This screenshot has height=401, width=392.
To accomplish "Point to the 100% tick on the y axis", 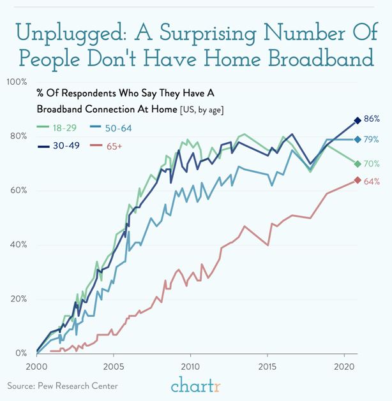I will click(x=17, y=82).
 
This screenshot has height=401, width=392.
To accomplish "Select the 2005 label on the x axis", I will click(x=114, y=367).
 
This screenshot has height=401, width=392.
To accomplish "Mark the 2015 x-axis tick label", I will click(x=267, y=367).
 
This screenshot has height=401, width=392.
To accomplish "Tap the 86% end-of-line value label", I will click(x=372, y=119).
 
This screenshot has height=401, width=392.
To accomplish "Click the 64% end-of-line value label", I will click(x=372, y=182).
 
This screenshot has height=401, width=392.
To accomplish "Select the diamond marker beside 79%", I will click(x=358, y=140).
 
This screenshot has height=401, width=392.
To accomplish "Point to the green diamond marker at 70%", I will click(x=358, y=164).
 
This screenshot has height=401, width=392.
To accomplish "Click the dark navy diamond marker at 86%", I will click(x=358, y=120).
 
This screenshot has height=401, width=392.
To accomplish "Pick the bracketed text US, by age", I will click(x=206, y=110).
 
